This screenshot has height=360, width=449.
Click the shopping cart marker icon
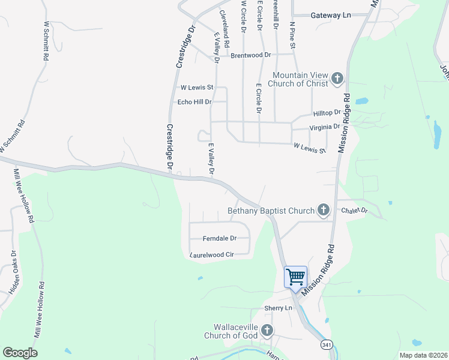(295, 277)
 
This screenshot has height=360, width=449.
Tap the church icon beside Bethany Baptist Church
(324, 210)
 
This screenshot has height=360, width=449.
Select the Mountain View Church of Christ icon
(337, 78)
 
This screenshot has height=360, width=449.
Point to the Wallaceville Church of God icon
(267, 330)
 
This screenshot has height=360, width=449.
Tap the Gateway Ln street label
(330, 15)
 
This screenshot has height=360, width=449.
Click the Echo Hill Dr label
(194, 102)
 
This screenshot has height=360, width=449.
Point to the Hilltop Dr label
(327, 113)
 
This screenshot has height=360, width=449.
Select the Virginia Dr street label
(324, 127)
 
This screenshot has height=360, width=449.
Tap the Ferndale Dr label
(219, 238)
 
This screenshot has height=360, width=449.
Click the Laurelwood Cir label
(211, 255)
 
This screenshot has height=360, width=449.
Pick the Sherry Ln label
(278, 308)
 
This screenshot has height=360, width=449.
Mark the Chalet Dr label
(354, 211)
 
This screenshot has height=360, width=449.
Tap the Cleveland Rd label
(223, 28)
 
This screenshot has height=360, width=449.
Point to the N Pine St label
(292, 35)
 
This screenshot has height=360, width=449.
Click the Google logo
(20, 353)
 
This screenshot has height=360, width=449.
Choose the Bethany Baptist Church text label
(271, 211)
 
